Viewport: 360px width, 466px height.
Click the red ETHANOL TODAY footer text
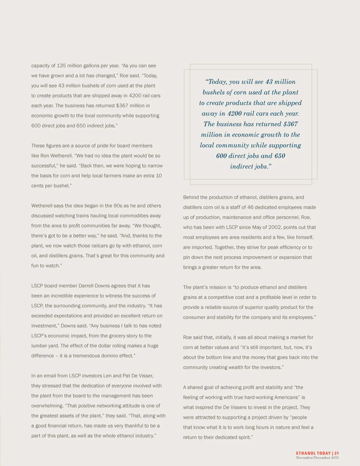pos(313,453)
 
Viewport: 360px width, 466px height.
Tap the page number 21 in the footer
pos(336,453)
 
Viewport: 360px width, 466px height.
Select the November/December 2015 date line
pos(317,458)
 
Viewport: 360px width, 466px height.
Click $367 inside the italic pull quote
pos(290,124)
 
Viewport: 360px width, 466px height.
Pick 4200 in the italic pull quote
pos(234,114)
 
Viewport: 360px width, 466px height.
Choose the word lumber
pos(39,346)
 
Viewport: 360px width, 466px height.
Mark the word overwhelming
pos(46,406)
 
